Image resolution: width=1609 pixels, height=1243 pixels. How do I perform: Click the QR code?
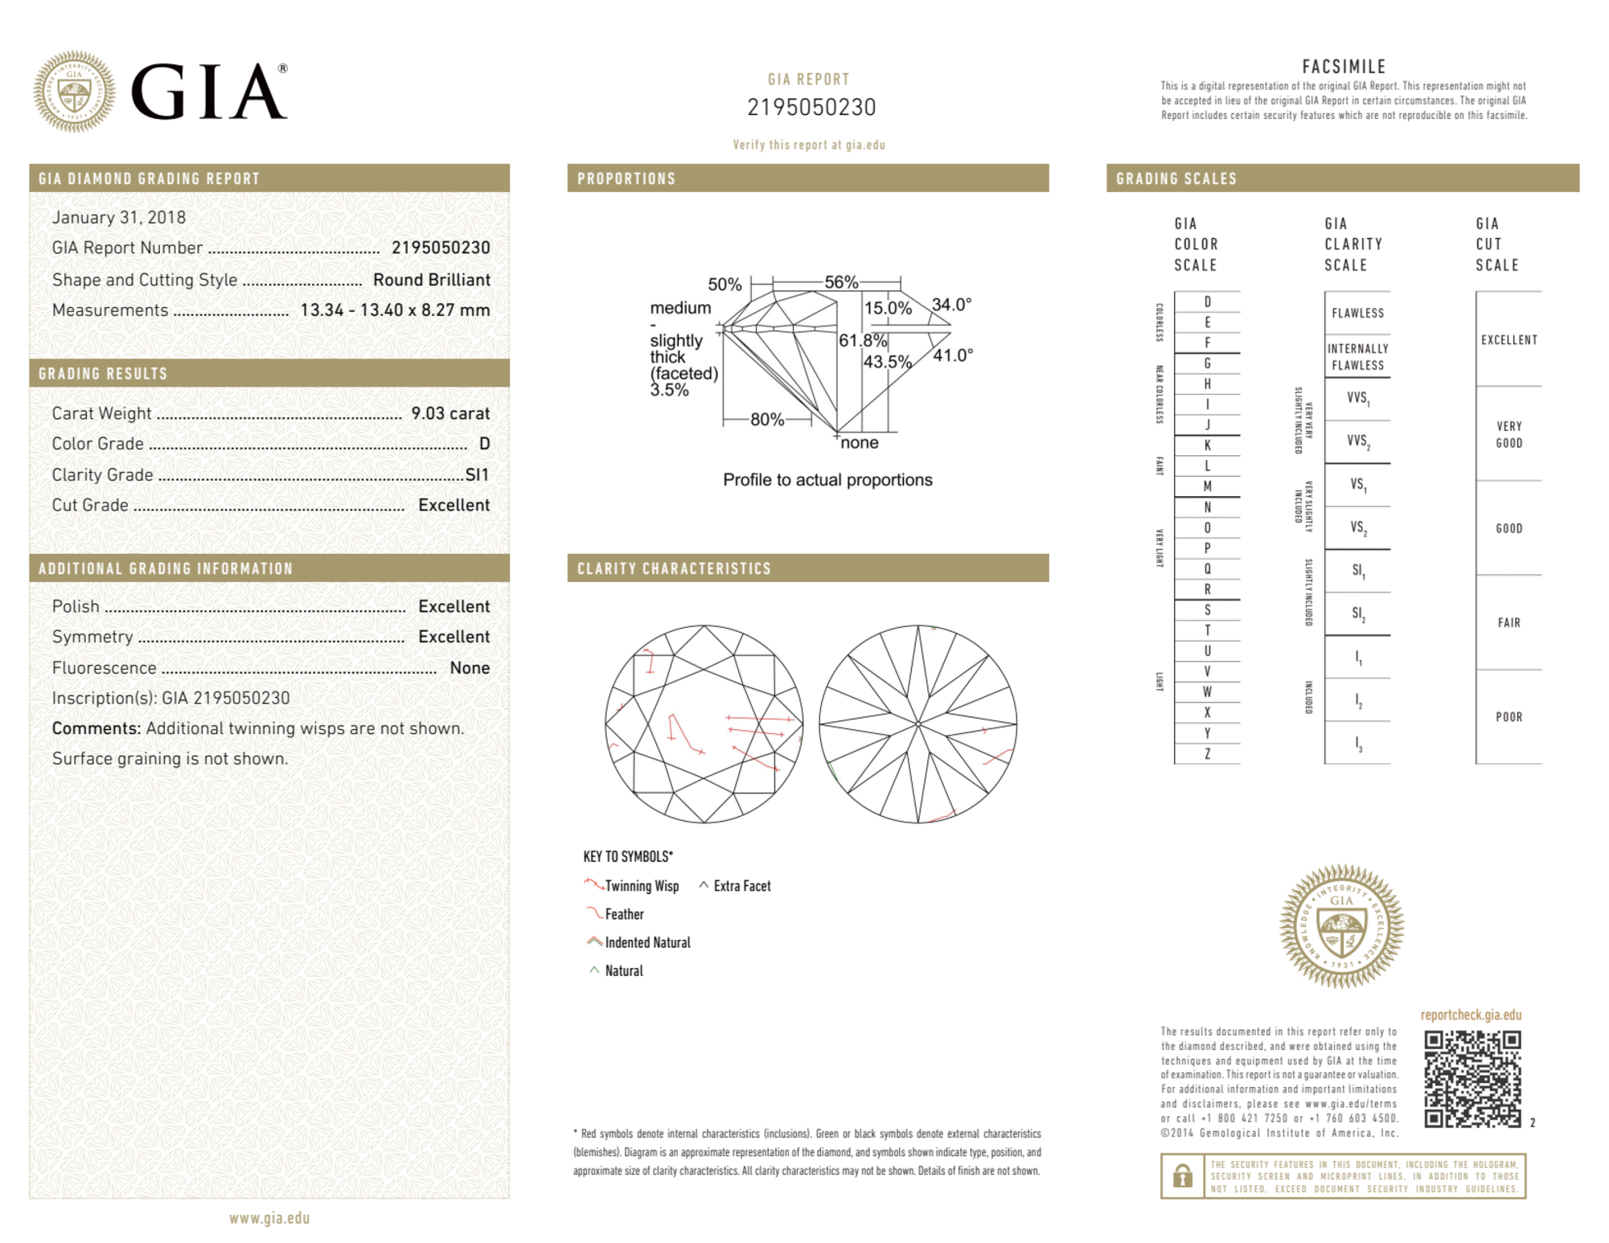tap(1471, 1079)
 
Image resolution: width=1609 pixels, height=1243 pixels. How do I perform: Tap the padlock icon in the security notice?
tap(1182, 1175)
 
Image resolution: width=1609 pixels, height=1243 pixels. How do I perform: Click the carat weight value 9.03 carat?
tap(450, 413)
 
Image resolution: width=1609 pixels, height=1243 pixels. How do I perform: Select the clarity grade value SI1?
tap(477, 474)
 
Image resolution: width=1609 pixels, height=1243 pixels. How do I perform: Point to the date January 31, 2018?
tap(119, 217)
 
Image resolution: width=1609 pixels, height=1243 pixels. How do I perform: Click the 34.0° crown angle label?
tap(951, 305)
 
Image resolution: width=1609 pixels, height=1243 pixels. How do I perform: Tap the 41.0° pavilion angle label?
tap(953, 355)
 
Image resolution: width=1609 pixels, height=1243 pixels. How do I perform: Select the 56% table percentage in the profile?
tap(841, 282)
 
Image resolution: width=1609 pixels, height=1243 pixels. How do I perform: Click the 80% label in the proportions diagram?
tap(766, 419)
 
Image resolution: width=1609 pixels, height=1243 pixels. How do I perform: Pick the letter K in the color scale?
tap(1207, 445)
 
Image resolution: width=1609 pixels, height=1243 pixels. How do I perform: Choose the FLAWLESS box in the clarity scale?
tap(1357, 313)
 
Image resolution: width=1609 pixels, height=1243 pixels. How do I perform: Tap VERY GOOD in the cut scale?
tap(1508, 434)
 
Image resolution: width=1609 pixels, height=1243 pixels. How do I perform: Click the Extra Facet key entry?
tap(741, 886)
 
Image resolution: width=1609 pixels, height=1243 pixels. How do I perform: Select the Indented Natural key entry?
tap(646, 942)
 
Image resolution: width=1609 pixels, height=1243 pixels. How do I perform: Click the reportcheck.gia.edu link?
tap(1471, 1015)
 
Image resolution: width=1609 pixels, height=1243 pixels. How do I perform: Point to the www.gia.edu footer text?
tap(269, 1218)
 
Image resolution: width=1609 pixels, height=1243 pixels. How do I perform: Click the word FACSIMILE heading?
tap(1344, 67)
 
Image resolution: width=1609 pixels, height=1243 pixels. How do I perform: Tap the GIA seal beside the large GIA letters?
tap(74, 92)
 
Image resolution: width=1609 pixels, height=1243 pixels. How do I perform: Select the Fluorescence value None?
tap(470, 667)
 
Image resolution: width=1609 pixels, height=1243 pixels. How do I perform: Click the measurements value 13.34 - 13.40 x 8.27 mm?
tap(395, 310)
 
